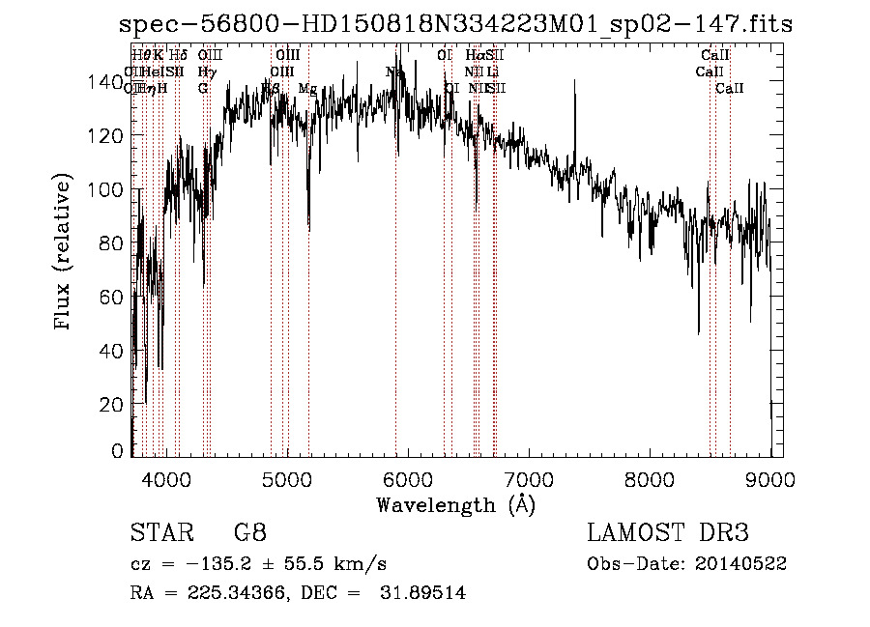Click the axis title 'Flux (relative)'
point(64,253)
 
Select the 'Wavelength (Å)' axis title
point(455,503)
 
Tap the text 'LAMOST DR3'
point(668,532)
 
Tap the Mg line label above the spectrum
point(307,89)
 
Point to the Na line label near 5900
point(394,71)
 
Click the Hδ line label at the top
point(179,55)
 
